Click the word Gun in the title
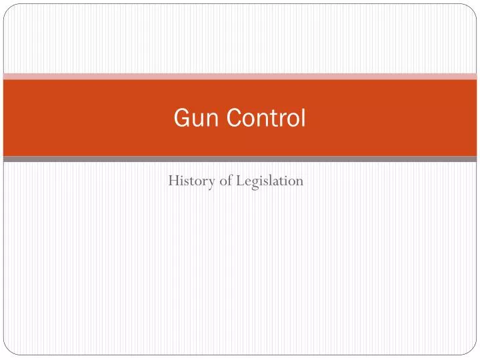pyautogui.click(x=189, y=118)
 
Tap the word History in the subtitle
pyautogui.click(x=188, y=181)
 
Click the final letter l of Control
pyautogui.click(x=303, y=117)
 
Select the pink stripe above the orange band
pyautogui.click(x=240, y=76)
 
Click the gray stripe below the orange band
pyautogui.click(x=240, y=159)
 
